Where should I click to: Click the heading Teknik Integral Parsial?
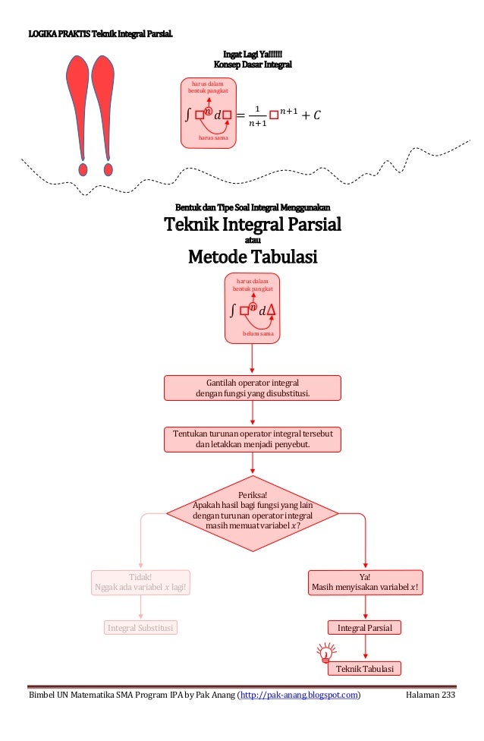point(253,225)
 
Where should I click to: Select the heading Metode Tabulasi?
point(253,258)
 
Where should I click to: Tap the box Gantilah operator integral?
point(253,387)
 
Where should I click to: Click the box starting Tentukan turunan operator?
point(253,439)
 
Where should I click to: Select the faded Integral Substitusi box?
point(140,628)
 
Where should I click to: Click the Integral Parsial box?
point(365,628)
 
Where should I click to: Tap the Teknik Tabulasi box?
point(365,668)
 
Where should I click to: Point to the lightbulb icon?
point(325,651)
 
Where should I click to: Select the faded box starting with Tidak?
point(140,582)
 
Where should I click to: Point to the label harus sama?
point(212,138)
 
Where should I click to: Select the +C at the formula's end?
point(312,115)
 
